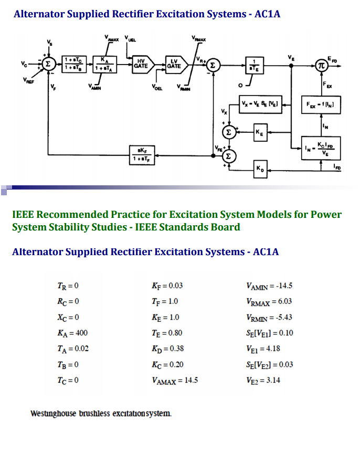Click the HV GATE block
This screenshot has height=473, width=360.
click(140, 64)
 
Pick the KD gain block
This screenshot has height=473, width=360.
click(261, 168)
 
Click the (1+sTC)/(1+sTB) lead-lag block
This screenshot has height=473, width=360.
click(73, 64)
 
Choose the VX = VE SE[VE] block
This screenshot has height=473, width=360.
click(260, 103)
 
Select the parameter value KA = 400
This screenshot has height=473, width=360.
click(72, 333)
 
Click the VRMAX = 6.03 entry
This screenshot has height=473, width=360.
click(269, 301)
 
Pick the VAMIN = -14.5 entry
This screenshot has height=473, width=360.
click(269, 286)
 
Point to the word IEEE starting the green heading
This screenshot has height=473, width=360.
click(23, 214)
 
